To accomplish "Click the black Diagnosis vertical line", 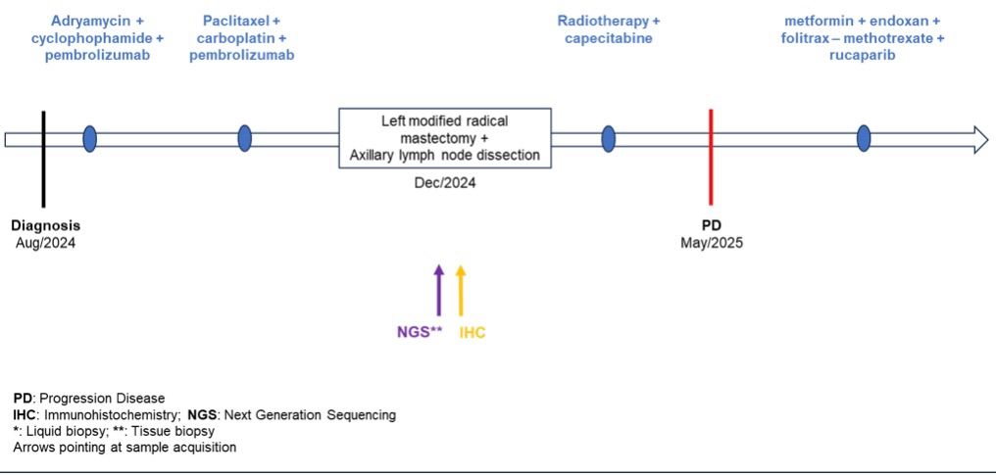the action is coord(43,160).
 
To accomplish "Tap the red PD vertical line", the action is coord(711,159).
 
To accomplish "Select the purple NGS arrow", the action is coord(438,290).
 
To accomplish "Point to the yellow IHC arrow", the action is coord(461,290).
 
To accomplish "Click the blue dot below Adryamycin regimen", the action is coord(90,139).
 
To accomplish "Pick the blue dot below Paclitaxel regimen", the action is coord(244,139).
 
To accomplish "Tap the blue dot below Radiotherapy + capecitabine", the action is coord(609,139).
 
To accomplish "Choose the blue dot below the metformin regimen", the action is coord(864,139).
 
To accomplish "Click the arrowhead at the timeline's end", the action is coord(980,139).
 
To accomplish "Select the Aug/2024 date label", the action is coord(46,242).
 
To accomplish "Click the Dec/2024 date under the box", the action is coord(445,184).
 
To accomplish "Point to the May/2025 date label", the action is coord(712,242).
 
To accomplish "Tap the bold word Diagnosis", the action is coord(46,226).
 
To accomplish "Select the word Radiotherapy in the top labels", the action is coord(604,21).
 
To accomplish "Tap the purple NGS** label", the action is coord(417,332).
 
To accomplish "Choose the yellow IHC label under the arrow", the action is coord(473,332).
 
